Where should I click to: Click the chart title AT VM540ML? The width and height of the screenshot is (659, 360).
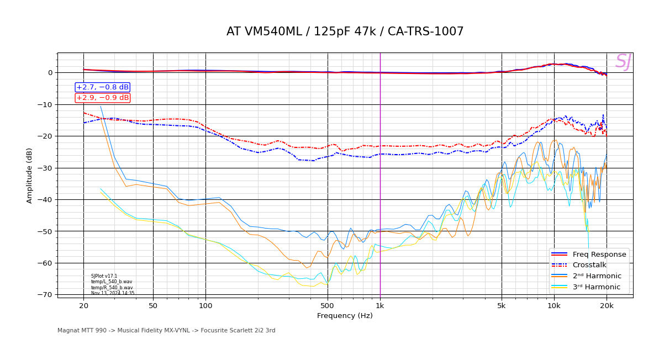345,32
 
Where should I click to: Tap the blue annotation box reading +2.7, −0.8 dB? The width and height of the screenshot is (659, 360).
102,87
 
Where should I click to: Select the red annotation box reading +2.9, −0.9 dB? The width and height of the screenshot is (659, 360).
102,98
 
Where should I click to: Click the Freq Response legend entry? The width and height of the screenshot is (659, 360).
599,255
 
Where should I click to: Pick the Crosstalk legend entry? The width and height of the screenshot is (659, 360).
589,265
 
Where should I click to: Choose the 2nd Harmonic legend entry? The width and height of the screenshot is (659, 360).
597,276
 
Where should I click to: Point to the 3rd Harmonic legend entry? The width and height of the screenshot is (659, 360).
597,287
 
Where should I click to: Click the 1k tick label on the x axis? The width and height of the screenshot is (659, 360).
380,306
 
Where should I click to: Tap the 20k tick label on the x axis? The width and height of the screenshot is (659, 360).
607,306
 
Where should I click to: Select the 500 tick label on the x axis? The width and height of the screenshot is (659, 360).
328,306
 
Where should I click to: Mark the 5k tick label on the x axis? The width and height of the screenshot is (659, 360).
502,306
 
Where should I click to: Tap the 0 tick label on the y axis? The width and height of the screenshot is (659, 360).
50,73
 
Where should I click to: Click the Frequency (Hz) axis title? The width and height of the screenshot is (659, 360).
345,316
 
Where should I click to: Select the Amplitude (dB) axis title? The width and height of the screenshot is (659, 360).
29,175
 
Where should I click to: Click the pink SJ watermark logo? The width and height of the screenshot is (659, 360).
623,62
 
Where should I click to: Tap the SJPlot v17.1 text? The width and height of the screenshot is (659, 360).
104,276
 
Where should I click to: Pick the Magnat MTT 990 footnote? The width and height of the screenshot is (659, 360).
166,331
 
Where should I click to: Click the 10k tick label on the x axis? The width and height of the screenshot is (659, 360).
554,306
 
